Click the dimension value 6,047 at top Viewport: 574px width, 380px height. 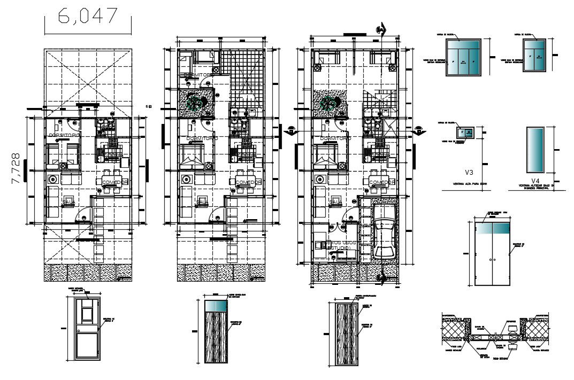(x=88, y=16)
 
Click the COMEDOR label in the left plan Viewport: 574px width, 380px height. (x=114, y=183)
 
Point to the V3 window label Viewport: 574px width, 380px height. (x=469, y=172)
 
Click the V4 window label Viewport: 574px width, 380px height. (x=536, y=180)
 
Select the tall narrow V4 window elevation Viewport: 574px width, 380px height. (x=535, y=150)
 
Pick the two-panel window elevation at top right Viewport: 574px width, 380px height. (x=535, y=55)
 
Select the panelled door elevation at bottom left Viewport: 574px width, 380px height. (x=86, y=328)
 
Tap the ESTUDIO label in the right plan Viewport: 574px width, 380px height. (x=339, y=249)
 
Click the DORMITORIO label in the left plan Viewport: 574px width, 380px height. (x=64, y=136)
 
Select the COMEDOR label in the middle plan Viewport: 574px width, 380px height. (x=248, y=183)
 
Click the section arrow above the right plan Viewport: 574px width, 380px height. (x=380, y=29)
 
